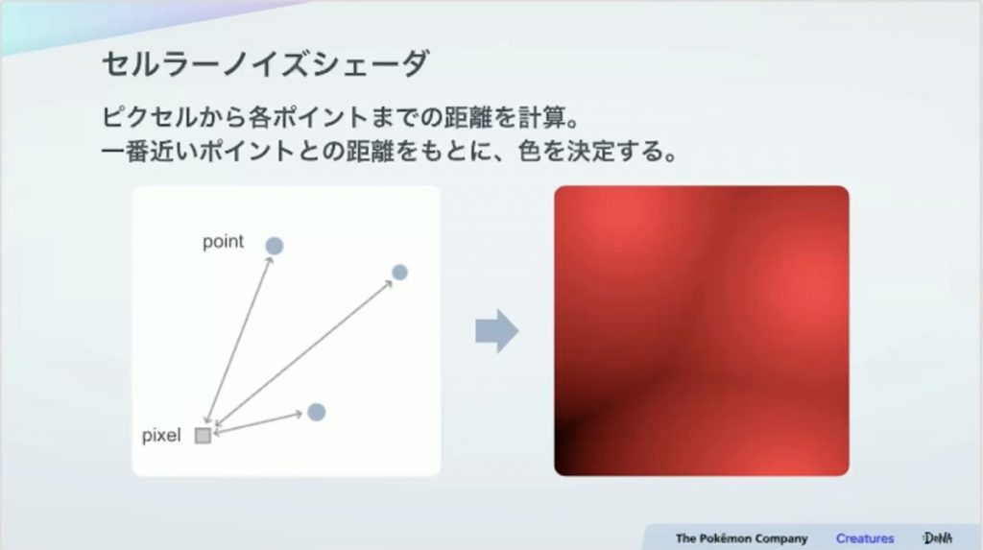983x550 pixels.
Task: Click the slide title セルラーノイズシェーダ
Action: coord(265,64)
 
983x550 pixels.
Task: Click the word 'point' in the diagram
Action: coord(223,242)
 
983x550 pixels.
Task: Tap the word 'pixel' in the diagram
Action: coord(161,435)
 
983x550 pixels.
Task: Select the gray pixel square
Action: coord(203,435)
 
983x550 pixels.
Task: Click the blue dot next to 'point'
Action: coord(274,246)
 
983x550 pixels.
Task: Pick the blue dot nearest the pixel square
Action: coord(317,412)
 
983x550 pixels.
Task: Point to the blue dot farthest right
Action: coord(399,273)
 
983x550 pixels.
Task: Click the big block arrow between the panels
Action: coord(496,330)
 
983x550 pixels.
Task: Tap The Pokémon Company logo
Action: coord(741,538)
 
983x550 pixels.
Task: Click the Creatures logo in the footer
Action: coord(865,538)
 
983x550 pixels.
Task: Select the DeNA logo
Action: coord(937,538)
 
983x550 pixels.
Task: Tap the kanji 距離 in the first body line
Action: coord(468,117)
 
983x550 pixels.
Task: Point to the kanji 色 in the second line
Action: coord(530,151)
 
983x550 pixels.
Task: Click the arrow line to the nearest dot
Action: coord(258,422)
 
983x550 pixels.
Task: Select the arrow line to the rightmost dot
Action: coord(302,353)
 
